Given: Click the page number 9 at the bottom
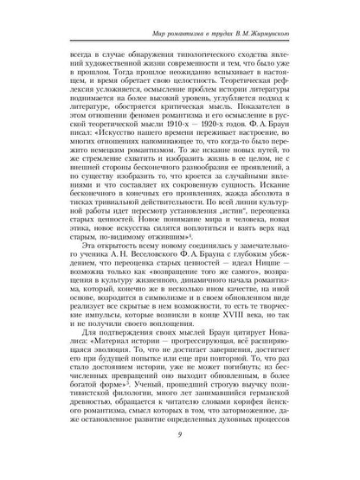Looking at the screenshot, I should point(180,459).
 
